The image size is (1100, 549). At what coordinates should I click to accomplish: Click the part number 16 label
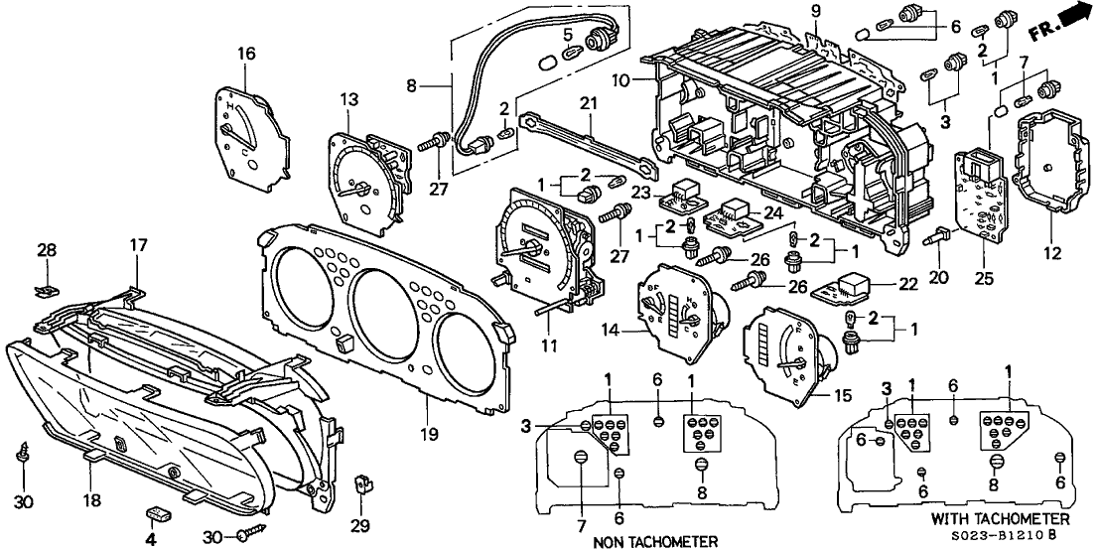(x=246, y=52)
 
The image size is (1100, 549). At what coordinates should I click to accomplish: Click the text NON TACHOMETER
(x=654, y=541)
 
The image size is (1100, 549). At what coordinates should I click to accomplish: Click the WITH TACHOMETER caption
(x=1001, y=519)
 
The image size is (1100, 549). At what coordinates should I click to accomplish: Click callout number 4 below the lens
(x=151, y=539)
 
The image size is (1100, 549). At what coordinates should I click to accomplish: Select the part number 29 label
(x=360, y=524)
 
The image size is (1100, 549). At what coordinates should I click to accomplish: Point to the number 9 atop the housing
(x=816, y=12)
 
